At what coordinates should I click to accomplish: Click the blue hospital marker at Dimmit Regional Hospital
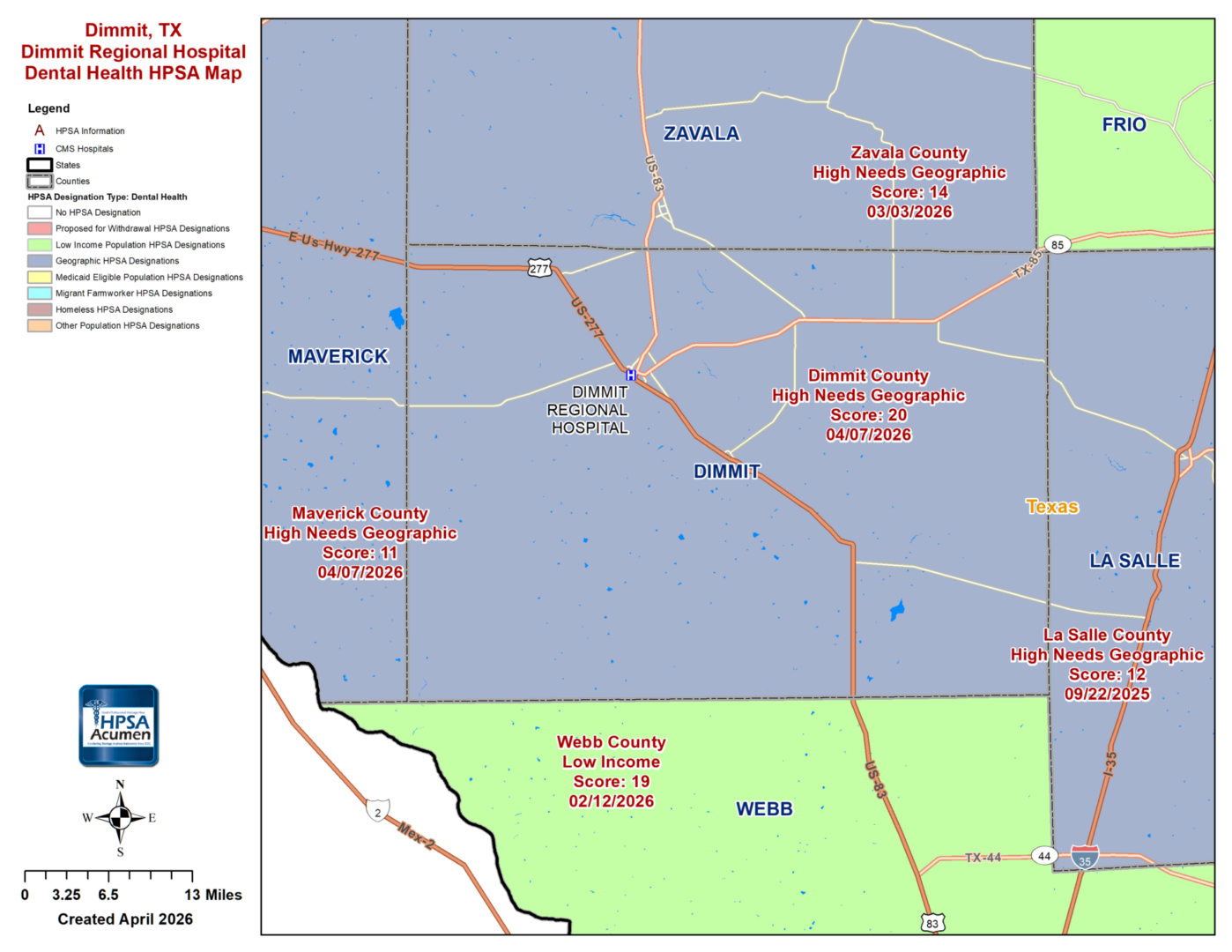631,375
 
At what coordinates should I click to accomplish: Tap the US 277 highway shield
539,269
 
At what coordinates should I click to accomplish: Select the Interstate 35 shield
1085,857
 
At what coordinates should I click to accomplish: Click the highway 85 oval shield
1058,245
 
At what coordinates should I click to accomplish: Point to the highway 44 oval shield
1044,856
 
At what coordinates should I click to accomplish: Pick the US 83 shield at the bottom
932,923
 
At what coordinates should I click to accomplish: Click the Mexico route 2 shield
378,812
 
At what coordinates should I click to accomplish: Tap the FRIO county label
1124,125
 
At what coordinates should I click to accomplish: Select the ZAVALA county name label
701,134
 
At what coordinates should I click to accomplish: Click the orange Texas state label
1052,507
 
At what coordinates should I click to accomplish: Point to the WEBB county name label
764,809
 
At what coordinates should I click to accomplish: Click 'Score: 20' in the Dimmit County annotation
868,415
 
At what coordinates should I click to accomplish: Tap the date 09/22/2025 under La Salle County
1107,695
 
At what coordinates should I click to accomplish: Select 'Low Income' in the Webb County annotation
611,762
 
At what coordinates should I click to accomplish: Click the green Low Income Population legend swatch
40,245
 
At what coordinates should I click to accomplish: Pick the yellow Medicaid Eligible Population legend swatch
40,277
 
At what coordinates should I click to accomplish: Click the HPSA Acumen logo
119,725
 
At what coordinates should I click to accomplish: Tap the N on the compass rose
120,785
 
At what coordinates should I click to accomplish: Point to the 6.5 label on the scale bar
108,895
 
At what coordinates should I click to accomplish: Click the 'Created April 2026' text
125,919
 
